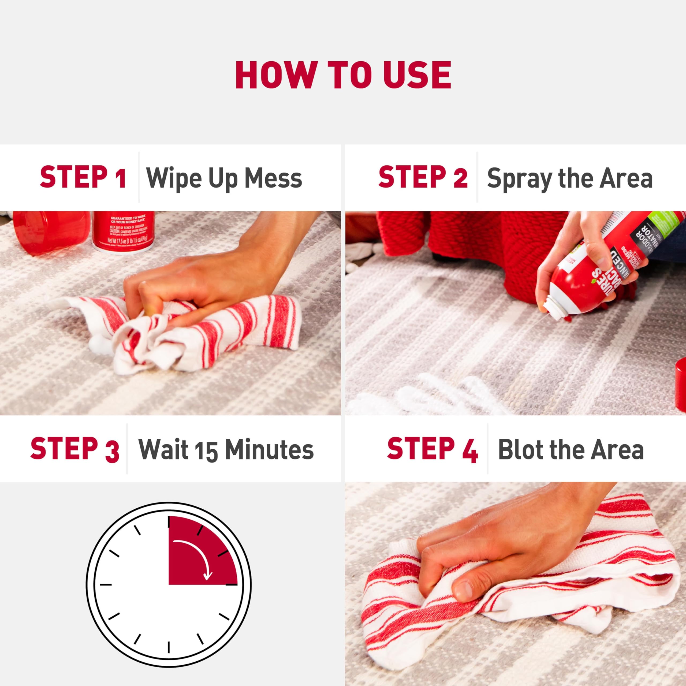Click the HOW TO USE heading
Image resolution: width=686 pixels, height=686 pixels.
pyautogui.click(x=343, y=75)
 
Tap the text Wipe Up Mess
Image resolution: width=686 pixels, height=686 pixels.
pyautogui.click(x=224, y=178)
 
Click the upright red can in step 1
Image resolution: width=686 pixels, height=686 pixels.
pyautogui.click(x=123, y=231)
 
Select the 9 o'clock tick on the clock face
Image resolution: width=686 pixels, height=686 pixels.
pyautogui.click(x=106, y=584)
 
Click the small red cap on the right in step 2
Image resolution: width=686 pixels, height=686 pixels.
pyautogui.click(x=680, y=383)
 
